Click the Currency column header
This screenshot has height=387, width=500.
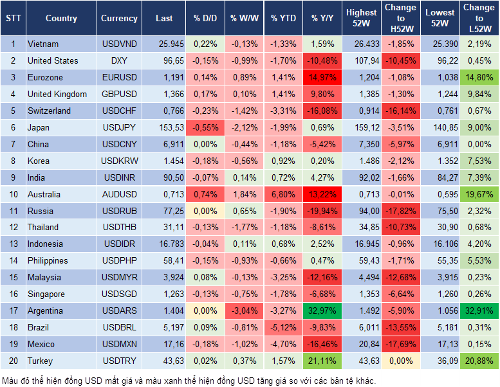(119, 19)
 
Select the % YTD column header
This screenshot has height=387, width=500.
(283, 19)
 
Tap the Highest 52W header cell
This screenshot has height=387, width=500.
(361, 19)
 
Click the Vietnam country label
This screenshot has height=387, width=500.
(43, 44)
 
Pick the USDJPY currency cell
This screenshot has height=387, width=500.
(119, 127)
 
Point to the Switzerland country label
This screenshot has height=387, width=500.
(50, 111)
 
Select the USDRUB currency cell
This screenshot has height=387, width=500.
(119, 211)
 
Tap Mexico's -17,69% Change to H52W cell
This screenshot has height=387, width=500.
(400, 344)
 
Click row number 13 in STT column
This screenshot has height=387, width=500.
(13, 244)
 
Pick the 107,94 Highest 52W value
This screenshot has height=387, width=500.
(361, 60)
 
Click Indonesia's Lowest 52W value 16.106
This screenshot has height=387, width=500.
(441, 244)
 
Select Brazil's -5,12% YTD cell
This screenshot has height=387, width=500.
(283, 327)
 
